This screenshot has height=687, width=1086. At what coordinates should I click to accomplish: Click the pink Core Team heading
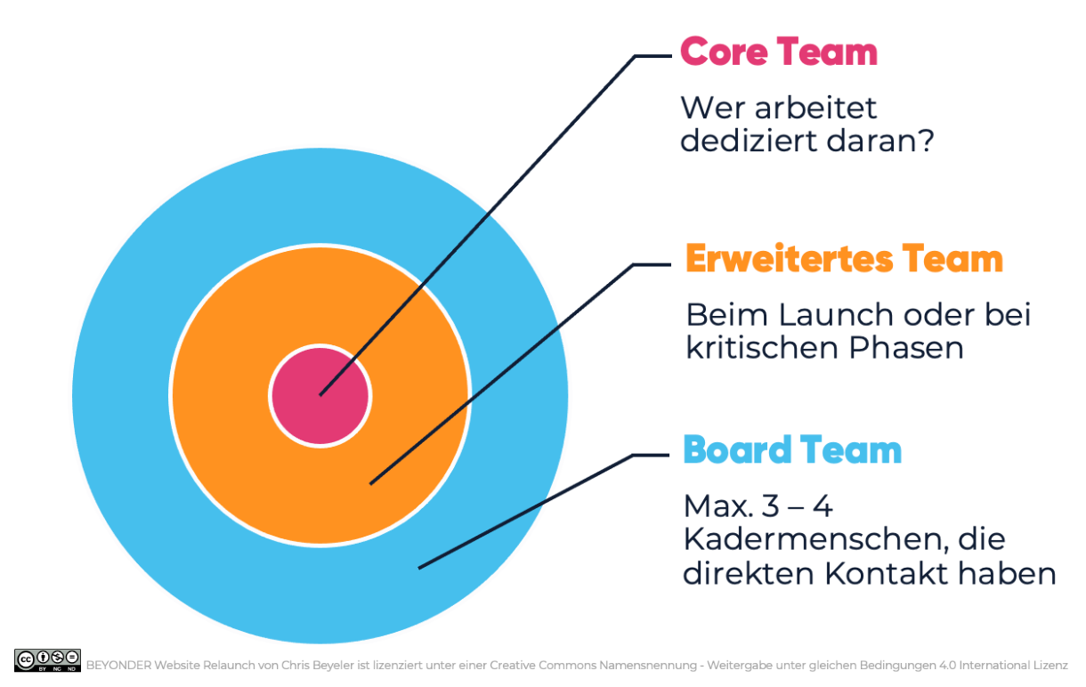pos(779,53)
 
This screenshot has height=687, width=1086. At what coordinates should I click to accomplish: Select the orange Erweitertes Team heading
pos(844,259)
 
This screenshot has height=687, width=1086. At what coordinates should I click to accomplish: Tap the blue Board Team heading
pos(792,450)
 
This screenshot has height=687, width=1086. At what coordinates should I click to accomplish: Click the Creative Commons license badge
pos(48,659)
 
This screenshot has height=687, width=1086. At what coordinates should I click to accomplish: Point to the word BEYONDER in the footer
pos(119,664)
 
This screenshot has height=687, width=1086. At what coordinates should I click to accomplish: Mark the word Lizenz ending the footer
pos(1050,664)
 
